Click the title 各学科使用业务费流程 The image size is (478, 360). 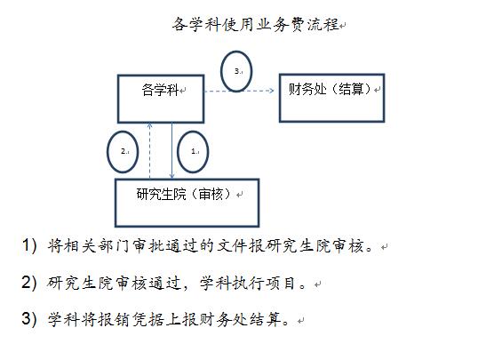point(256,24)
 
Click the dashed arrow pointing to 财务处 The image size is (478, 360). point(239,91)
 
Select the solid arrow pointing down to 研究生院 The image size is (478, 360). point(172,151)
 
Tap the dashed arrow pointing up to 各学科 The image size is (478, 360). point(149,151)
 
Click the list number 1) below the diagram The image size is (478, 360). point(29,245)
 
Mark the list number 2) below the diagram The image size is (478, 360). point(29,282)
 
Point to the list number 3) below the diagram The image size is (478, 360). point(29,319)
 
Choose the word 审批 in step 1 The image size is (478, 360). point(148,246)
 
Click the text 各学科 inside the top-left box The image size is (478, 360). point(160,90)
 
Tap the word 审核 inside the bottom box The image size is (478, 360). point(211,194)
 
